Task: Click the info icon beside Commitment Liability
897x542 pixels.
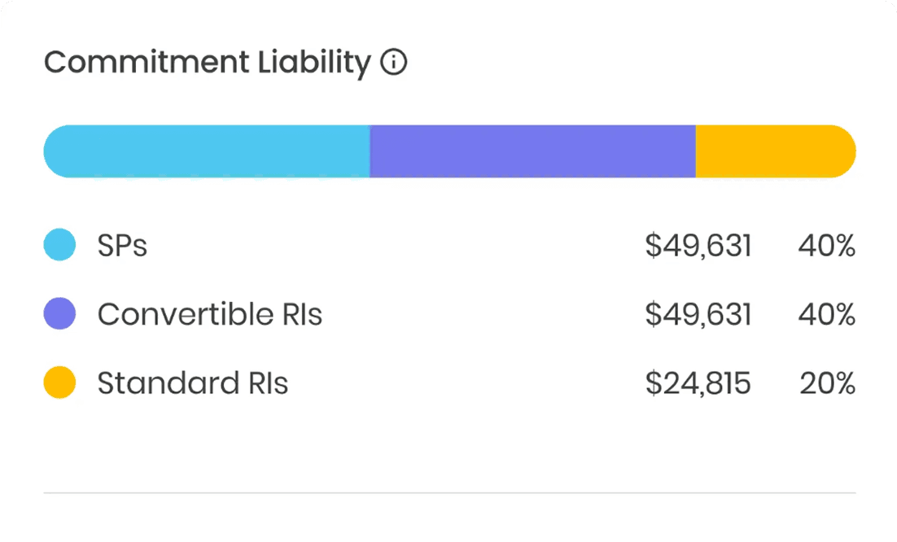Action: coord(394,63)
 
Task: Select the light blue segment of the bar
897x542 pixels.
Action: coord(207,151)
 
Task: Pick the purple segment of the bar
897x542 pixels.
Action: coord(532,151)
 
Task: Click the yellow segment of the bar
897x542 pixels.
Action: coord(774,151)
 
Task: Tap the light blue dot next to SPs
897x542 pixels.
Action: coord(59,245)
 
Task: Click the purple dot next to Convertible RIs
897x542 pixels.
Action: coord(59,313)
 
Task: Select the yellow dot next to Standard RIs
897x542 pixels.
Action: coord(59,382)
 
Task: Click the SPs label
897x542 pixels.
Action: coord(122,245)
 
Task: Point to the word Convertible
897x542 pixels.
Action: coord(185,313)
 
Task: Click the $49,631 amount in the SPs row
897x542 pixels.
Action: coord(698,245)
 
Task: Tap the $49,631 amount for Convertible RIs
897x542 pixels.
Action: coord(698,313)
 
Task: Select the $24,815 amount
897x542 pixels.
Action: coord(698,382)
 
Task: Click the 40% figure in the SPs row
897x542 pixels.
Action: coord(826,245)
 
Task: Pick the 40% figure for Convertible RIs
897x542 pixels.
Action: coord(826,313)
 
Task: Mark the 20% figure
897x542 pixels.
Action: coord(826,382)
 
